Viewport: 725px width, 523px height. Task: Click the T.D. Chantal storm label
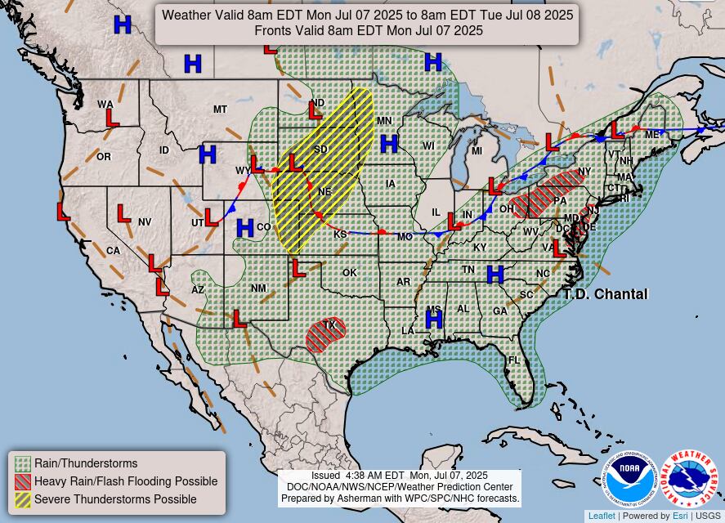click(605, 294)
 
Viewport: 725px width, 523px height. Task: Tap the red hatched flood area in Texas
click(326, 334)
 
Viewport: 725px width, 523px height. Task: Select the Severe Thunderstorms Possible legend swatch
click(23, 499)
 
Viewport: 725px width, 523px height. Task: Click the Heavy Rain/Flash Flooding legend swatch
click(23, 481)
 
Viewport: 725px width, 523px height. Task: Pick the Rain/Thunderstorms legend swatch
click(23, 463)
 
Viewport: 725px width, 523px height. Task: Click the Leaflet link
click(602, 516)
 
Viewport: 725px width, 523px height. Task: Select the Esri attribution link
click(680, 516)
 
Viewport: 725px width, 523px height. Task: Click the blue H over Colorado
click(244, 228)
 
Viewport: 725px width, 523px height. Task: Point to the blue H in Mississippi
click(433, 320)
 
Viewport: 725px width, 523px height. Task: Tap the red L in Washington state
click(112, 118)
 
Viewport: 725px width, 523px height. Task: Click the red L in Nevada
click(123, 214)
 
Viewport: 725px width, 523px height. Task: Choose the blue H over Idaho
click(208, 154)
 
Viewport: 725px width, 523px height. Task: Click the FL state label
click(514, 360)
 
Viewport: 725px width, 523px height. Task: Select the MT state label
click(220, 110)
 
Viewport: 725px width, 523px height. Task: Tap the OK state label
click(350, 273)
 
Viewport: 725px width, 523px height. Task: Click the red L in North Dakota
click(316, 110)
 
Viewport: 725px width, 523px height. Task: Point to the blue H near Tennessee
click(495, 275)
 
